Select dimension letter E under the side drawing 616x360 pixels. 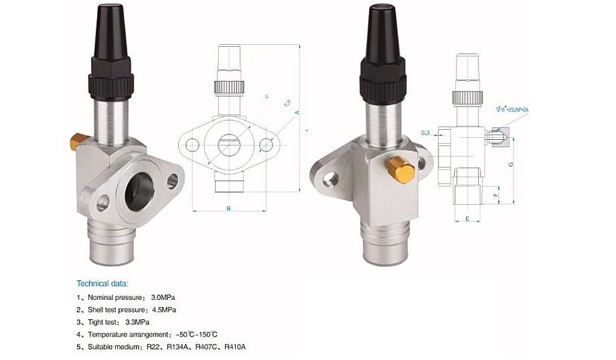coord(467,219)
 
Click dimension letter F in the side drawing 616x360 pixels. coord(496,195)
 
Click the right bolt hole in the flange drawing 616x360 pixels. coord(266,145)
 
